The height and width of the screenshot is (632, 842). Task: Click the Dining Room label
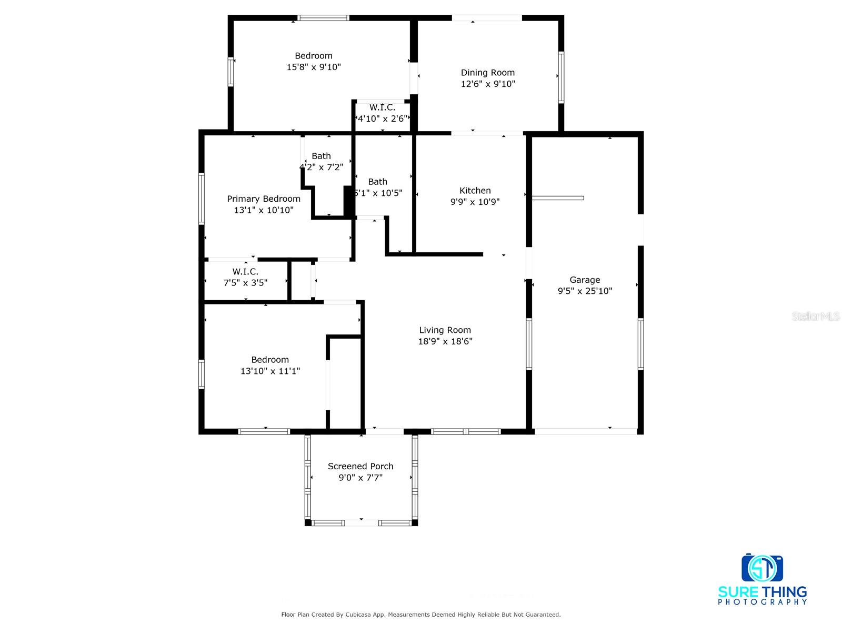488,73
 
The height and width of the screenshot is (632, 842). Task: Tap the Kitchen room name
475,191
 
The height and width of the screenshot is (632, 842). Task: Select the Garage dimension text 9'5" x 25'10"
585,291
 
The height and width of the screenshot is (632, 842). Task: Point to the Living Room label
445,330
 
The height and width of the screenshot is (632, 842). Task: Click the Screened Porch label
360,466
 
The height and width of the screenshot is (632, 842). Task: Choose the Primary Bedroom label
264,199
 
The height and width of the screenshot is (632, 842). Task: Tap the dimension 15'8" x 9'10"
314,67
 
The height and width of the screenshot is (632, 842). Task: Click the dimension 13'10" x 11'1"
270,371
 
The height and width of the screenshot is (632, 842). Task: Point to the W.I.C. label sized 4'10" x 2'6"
382,107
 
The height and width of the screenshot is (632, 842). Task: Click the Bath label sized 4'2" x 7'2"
321,156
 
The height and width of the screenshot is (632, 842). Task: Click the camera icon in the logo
762,568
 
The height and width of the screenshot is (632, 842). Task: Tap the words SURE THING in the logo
763,592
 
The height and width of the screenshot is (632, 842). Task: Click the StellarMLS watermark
816,316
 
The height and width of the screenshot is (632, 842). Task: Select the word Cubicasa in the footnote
357,615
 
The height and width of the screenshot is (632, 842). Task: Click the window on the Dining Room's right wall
561,77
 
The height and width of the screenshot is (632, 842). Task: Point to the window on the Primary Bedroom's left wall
201,199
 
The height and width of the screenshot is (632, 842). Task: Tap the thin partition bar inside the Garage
558,198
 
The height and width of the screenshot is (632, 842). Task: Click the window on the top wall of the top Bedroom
323,18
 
